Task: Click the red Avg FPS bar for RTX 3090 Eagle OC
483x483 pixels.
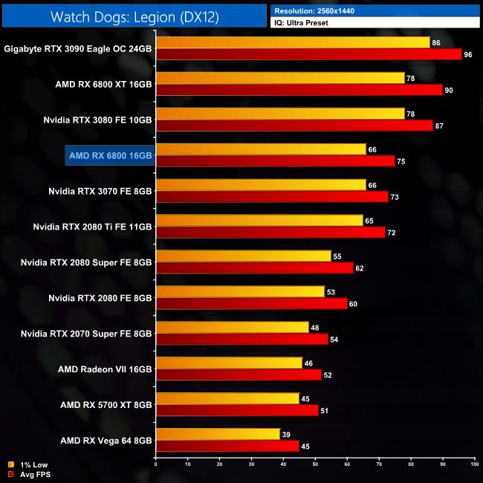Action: pyautogui.click(x=308, y=54)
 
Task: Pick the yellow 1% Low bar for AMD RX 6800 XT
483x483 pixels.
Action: pyautogui.click(x=280, y=78)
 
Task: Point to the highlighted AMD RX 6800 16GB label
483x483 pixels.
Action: pyautogui.click(x=110, y=155)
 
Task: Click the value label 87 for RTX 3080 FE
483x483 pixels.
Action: pyautogui.click(x=439, y=126)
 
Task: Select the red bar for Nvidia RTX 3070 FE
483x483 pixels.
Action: pyautogui.click(x=272, y=197)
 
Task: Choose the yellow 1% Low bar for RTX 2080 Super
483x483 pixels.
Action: pyautogui.click(x=243, y=256)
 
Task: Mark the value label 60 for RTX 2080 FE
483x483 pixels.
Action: pyautogui.click(x=353, y=304)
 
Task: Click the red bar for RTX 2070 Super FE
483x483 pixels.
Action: pyautogui.click(x=241, y=340)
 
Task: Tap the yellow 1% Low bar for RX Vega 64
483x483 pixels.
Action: pyautogui.click(x=218, y=435)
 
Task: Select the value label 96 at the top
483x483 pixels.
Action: pyautogui.click(x=468, y=54)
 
